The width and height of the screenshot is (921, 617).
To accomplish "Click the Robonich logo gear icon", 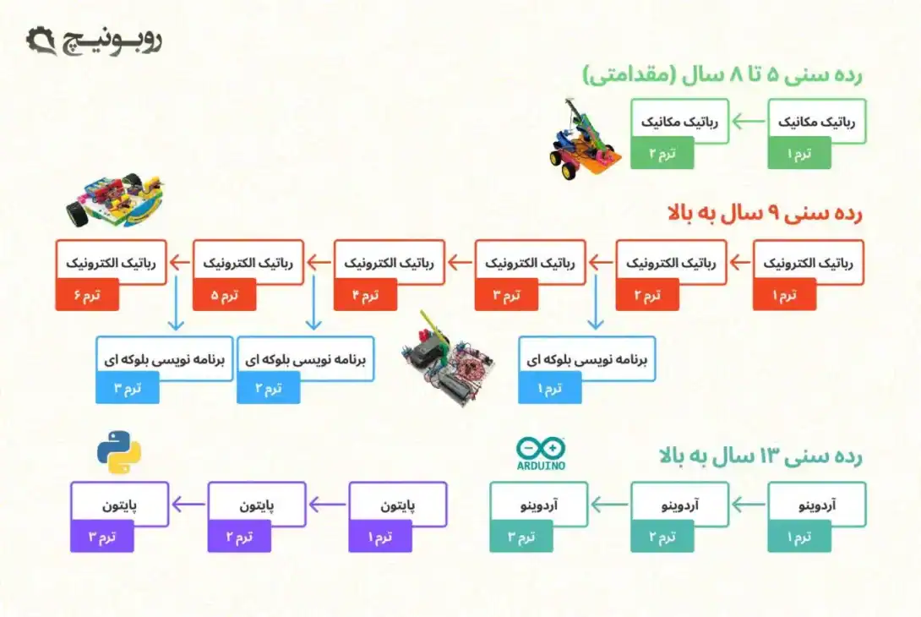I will click(41, 40).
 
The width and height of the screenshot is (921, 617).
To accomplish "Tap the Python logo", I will click(118, 452).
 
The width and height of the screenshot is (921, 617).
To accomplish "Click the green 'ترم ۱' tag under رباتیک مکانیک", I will click(798, 153).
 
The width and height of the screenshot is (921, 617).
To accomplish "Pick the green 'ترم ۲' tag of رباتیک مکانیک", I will click(662, 153).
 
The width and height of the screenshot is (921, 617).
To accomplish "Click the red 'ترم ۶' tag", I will click(87, 295).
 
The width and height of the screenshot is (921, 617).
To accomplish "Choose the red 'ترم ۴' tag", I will click(365, 295).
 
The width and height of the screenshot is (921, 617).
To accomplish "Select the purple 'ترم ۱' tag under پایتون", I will click(380, 537).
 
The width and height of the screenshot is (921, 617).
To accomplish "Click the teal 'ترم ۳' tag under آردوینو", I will click(521, 537).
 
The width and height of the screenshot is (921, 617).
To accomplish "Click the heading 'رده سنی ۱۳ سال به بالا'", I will click(760, 456).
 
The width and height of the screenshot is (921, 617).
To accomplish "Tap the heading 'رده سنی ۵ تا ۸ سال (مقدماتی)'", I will click(722, 74).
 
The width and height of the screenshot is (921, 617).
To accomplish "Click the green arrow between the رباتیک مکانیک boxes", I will click(747, 123).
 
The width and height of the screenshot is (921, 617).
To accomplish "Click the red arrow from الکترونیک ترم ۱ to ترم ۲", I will click(739, 262).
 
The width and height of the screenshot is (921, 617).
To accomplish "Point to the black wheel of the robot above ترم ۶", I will click(79, 216).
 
